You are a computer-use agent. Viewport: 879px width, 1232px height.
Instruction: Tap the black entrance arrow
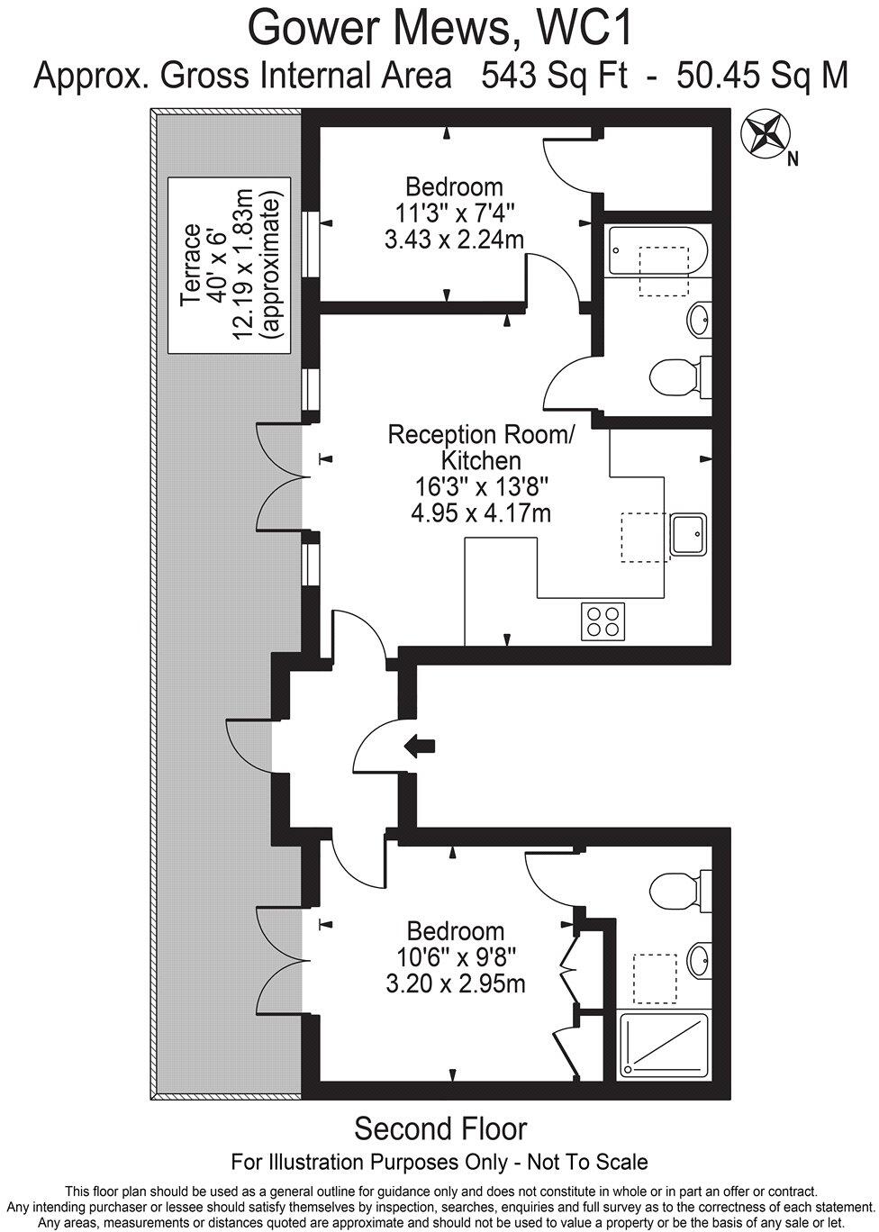click(x=420, y=747)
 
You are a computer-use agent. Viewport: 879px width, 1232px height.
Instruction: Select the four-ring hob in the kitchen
click(x=603, y=621)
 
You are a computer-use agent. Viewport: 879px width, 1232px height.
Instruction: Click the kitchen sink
click(x=688, y=534)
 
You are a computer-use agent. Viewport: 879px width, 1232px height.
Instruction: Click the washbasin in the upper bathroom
click(x=700, y=320)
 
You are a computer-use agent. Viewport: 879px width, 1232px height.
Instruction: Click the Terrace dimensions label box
click(x=229, y=265)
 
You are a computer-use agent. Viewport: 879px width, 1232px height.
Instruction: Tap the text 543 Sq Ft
click(x=554, y=76)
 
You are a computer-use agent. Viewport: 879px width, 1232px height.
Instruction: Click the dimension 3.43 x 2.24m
click(x=454, y=240)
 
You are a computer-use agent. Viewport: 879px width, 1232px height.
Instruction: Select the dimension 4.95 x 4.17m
click(x=481, y=513)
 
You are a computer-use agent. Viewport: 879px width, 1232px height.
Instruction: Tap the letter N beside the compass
click(x=793, y=159)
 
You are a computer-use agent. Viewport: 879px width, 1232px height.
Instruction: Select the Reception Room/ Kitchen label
click(x=481, y=448)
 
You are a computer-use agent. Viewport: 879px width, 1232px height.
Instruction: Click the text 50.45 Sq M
click(x=762, y=76)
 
